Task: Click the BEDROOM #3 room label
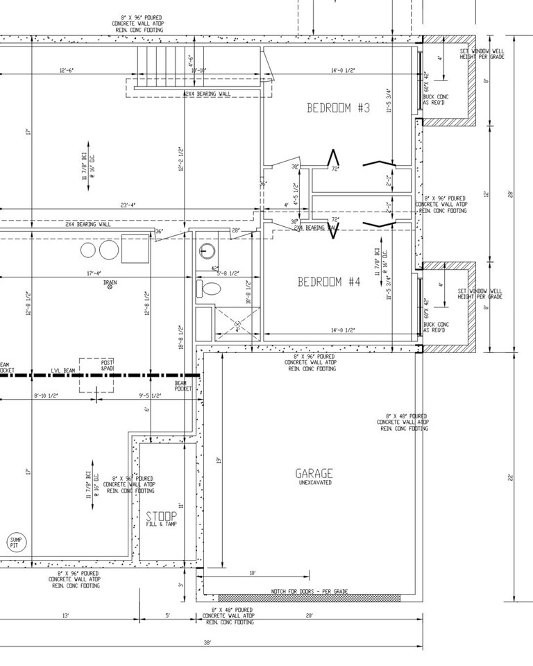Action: [339, 108]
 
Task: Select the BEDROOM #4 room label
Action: [330, 282]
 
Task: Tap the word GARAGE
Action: [314, 474]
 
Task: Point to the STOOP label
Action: [161, 516]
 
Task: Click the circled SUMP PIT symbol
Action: [15, 543]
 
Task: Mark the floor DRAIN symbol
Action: [110, 287]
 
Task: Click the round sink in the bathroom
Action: [206, 250]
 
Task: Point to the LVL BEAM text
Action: [62, 372]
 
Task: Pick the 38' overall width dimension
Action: [207, 643]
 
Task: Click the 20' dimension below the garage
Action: [309, 615]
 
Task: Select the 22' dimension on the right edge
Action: [511, 477]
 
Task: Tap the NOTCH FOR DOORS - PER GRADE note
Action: [309, 592]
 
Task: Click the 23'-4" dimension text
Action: [128, 205]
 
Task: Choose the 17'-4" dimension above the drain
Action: [95, 273]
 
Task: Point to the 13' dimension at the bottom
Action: [65, 615]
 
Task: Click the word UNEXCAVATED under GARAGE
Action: [314, 483]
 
